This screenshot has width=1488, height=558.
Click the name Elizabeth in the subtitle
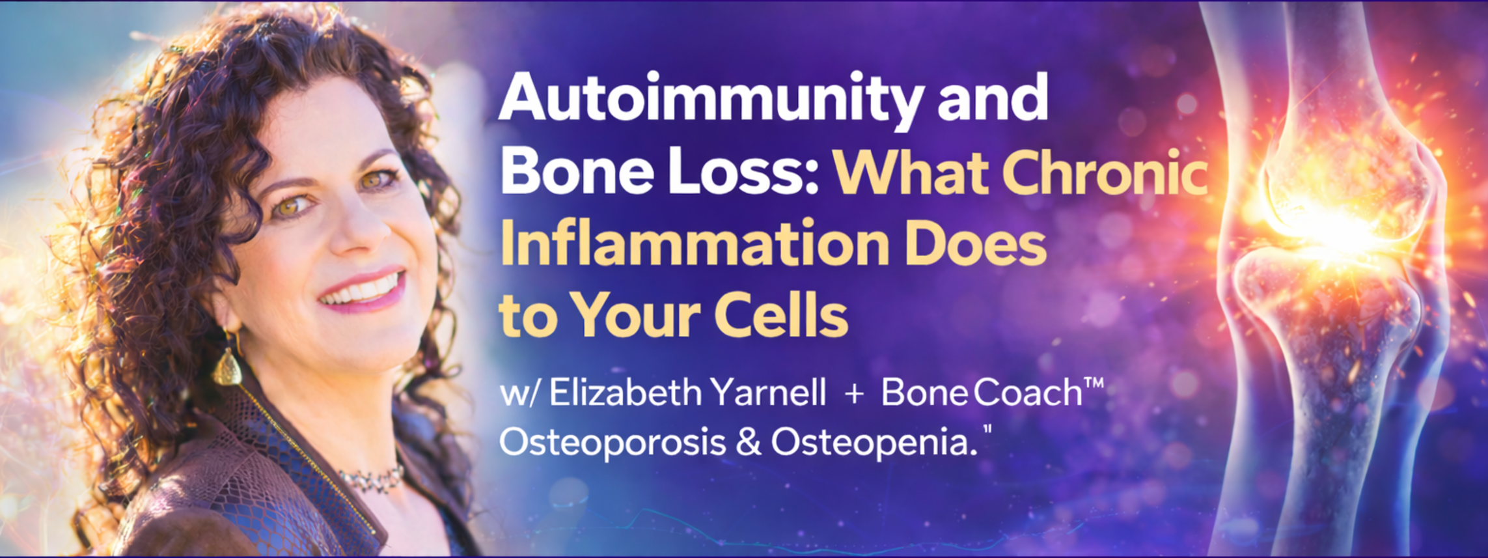[x=624, y=393]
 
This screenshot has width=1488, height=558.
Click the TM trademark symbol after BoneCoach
[x=1094, y=382]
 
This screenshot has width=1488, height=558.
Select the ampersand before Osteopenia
[x=749, y=443]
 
